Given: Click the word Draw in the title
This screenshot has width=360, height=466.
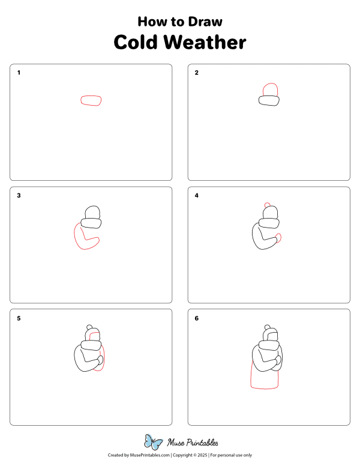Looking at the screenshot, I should click(206, 22).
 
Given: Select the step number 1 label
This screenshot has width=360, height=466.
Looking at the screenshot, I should click(19, 73).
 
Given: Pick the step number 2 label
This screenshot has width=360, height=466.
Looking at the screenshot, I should click(197, 73).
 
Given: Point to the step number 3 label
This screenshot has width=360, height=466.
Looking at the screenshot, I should click(19, 195).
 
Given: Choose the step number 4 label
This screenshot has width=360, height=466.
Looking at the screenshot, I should click(197, 195).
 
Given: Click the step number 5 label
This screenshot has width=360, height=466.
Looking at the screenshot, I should click(19, 318).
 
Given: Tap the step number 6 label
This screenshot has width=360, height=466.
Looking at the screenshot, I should click(197, 318).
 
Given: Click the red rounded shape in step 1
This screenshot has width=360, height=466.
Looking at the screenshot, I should click(91, 100).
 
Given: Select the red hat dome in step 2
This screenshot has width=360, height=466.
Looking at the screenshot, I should click(270, 89).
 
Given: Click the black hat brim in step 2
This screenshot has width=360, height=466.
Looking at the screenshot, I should click(269, 101).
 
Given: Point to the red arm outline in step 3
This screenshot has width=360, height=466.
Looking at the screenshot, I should click(77, 239).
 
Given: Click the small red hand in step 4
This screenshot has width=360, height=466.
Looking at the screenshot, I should click(279, 238).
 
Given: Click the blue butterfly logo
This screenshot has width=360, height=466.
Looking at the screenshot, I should click(153, 443).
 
